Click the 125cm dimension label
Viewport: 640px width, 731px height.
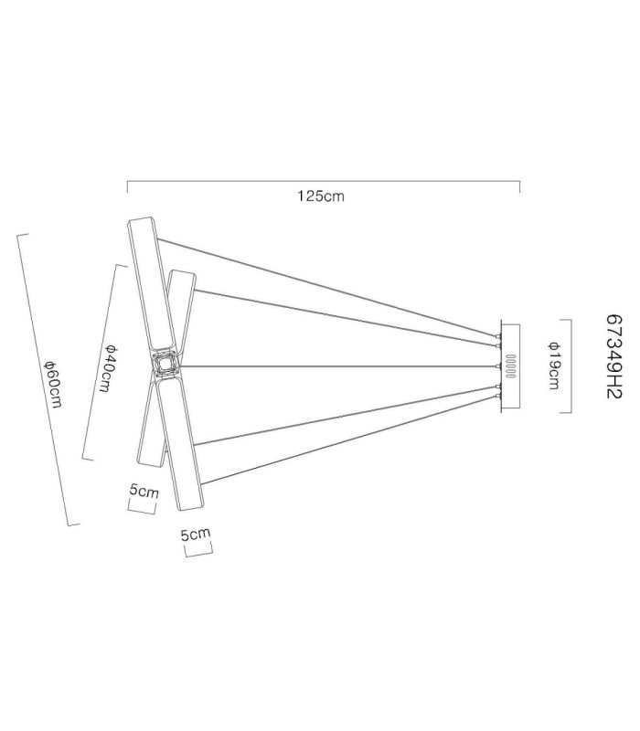(321, 196)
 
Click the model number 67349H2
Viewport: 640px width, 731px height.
(614, 356)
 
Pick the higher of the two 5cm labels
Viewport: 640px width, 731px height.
(144, 491)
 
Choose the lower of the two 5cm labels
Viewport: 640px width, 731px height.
(196, 534)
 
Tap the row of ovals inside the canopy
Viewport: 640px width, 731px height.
(511, 366)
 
